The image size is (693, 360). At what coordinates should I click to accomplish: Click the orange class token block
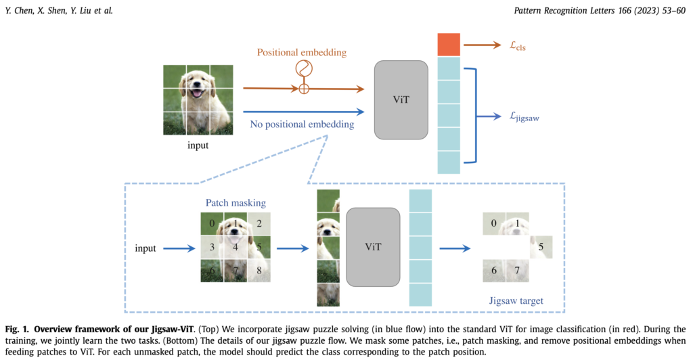[449, 45]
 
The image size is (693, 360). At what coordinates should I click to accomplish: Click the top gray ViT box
[401, 99]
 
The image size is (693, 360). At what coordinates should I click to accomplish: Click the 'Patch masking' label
[236, 202]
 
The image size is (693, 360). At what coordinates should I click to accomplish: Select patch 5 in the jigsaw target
[541, 248]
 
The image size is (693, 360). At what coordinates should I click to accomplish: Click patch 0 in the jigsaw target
[494, 223]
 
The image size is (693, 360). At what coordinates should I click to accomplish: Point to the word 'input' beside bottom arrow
[146, 248]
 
